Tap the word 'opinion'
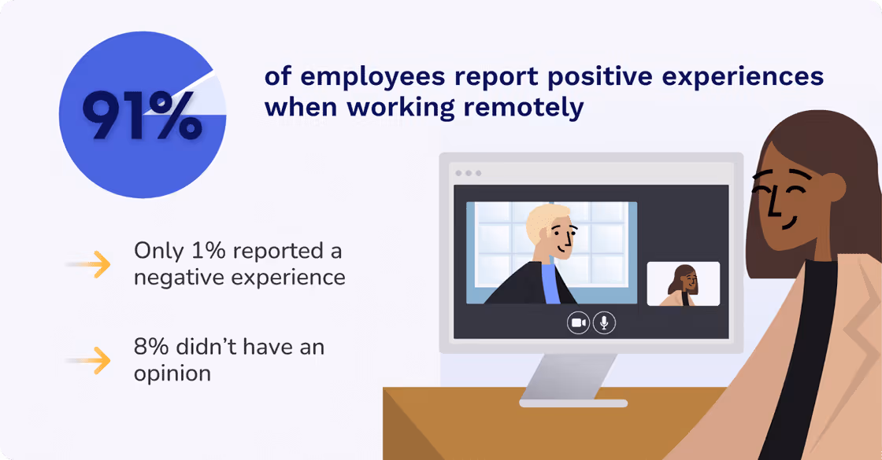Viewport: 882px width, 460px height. coord(172,373)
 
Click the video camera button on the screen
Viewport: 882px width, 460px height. coord(579,322)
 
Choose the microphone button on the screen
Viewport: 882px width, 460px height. coord(605,322)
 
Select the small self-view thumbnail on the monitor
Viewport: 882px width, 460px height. coord(683,284)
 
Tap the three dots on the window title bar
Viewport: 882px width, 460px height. coord(468,173)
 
